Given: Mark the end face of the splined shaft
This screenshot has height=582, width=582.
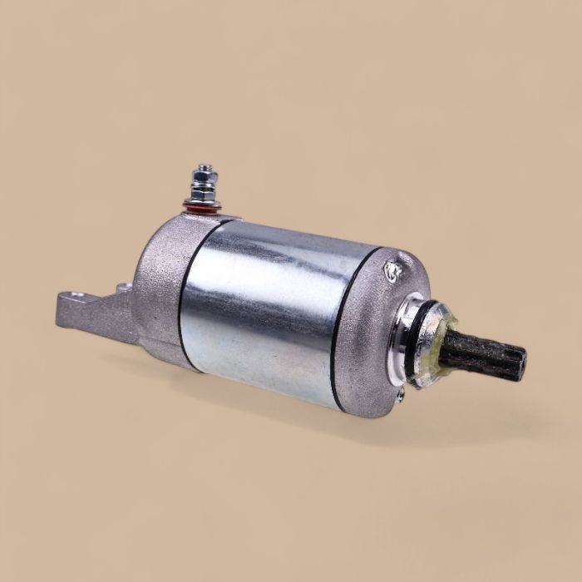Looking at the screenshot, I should (520, 367).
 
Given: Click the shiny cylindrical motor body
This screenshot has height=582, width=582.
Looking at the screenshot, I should (274, 308).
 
